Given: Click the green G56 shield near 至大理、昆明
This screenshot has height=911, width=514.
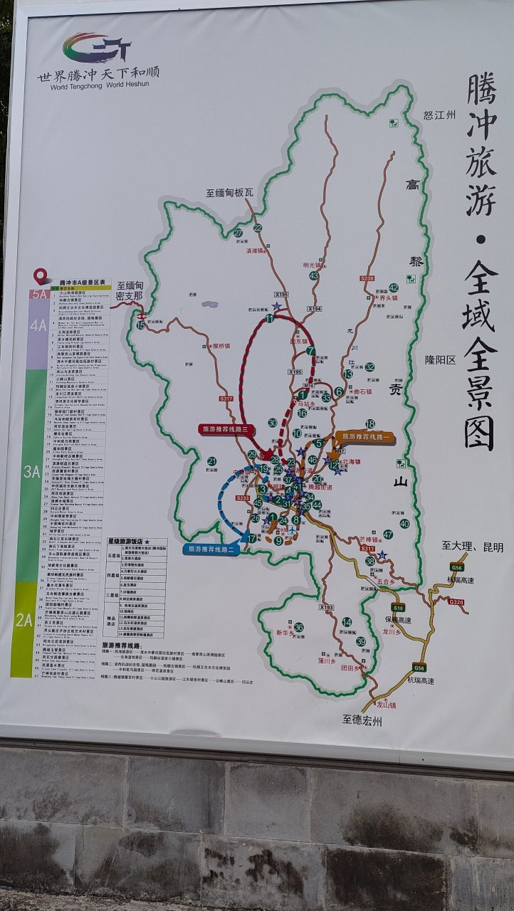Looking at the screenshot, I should pos(456,567).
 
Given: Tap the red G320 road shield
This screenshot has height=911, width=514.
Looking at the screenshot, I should pos(456,602).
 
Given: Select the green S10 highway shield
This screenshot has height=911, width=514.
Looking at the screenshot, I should pos(399,608).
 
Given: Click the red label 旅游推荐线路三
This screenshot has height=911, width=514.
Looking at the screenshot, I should pos(223,429).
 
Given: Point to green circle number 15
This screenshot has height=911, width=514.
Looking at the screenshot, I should pos(141,325).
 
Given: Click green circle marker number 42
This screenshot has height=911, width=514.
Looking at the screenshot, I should pos(393,288).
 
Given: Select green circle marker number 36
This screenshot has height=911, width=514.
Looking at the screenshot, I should pos(299,627).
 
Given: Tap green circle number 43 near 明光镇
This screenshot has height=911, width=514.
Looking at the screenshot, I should pos(314,275).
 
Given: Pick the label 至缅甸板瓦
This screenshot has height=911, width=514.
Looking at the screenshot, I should pos(230,192).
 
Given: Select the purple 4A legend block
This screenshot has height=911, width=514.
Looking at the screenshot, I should pos(38,326).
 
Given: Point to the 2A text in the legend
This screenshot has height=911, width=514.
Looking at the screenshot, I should pos(23,618).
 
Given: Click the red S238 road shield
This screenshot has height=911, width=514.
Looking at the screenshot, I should pos(367,278).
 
